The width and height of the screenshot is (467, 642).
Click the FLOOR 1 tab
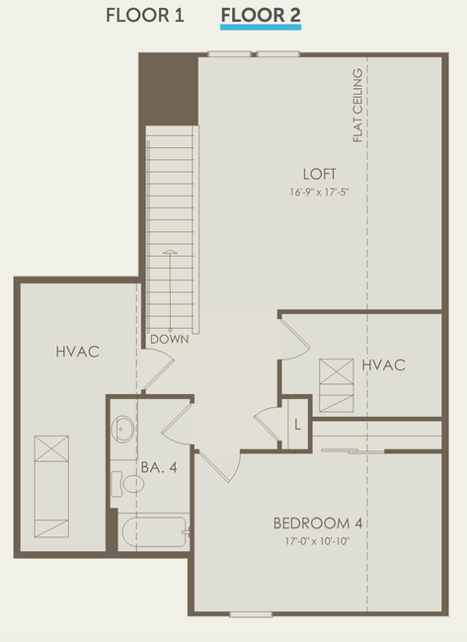[x=145, y=16]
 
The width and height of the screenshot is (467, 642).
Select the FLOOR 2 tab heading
[x=261, y=16]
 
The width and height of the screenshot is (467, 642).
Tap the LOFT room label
[x=319, y=174]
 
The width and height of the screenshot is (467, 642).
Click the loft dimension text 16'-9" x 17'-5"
[x=319, y=192]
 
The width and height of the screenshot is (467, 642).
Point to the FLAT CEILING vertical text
[x=357, y=106]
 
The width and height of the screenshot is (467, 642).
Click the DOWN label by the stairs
[x=170, y=339]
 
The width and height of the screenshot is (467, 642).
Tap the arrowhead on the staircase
[x=170, y=252]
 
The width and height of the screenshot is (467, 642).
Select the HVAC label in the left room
[x=78, y=352]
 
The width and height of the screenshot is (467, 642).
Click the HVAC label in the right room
[x=383, y=364]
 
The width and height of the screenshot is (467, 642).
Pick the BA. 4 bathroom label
[x=159, y=467]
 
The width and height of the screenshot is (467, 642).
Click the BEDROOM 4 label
[x=318, y=523]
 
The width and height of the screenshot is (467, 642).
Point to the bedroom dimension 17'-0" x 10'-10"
[x=318, y=541]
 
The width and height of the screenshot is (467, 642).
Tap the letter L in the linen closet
[x=297, y=425]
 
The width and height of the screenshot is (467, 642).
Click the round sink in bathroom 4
[x=122, y=429]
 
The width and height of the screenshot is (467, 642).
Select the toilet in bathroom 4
[x=127, y=484]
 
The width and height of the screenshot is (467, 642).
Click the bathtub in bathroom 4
[x=154, y=531]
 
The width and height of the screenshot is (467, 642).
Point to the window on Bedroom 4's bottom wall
[x=251, y=614]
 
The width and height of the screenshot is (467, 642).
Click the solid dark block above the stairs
[x=169, y=90]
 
